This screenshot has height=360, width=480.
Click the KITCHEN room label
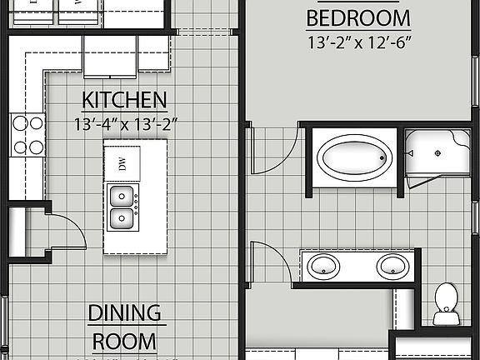click(x=124, y=101)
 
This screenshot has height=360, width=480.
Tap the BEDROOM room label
click(x=358, y=17)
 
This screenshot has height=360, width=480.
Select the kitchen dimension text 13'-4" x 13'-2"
click(x=125, y=125)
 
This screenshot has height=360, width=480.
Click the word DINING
click(x=124, y=313)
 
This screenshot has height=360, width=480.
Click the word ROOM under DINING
click(x=124, y=340)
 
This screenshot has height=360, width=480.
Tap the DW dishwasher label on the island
click(x=122, y=164)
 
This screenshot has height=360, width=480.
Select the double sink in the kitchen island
click(x=123, y=207)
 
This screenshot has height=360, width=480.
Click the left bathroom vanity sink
click(x=323, y=267)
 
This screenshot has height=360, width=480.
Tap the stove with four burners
click(x=27, y=135)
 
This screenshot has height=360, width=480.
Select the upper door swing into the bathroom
click(x=271, y=150)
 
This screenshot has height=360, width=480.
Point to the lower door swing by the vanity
click(x=271, y=262)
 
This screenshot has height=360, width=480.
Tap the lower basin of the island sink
click(x=122, y=218)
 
